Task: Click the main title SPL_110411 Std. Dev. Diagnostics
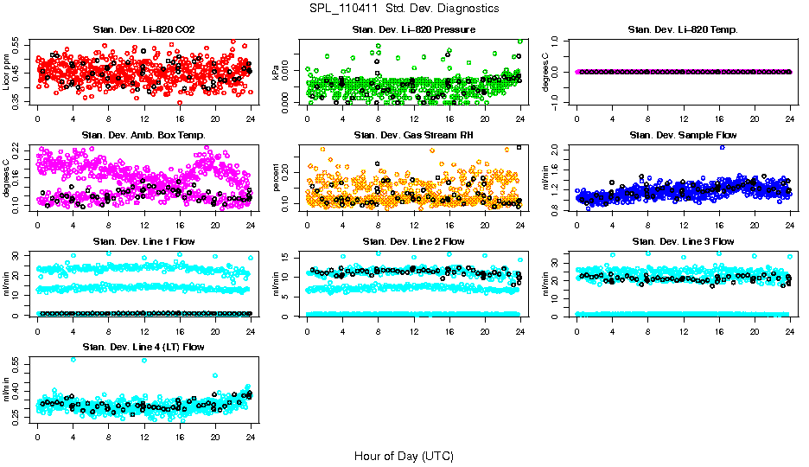[x=404, y=9]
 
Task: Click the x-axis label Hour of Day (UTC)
[x=404, y=455]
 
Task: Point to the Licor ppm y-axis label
[x=7, y=72]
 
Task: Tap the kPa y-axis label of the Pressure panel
[x=277, y=72]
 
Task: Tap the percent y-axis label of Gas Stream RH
[x=277, y=178]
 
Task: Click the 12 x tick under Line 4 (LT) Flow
[x=143, y=436]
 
